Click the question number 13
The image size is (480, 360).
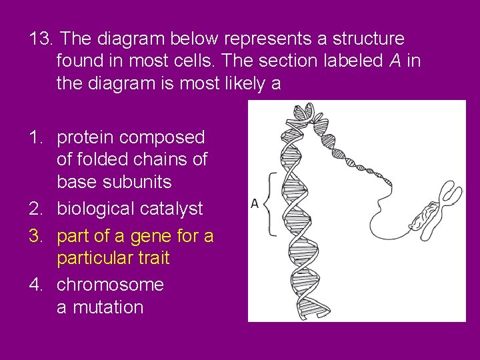coord(39,39)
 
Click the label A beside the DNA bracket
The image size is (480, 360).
coord(255,203)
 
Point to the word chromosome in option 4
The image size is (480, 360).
coord(110,285)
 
